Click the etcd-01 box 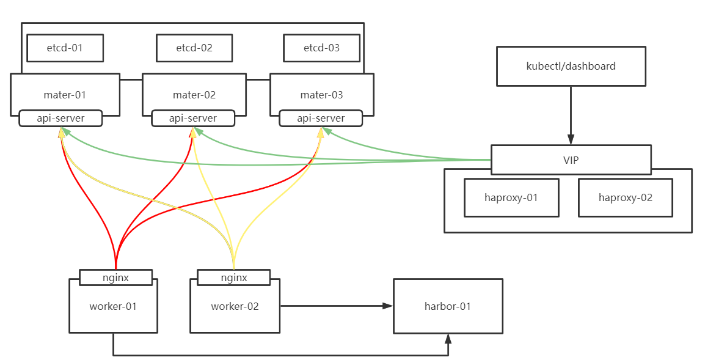pyautogui.click(x=65, y=48)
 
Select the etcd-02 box pyautogui.click(x=194, y=48)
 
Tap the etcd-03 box pyautogui.click(x=321, y=48)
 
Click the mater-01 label pyautogui.click(x=65, y=95)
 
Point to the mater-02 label pyautogui.click(x=194, y=95)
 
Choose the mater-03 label pyautogui.click(x=321, y=95)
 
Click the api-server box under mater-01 pyautogui.click(x=60, y=118)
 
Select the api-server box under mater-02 pyautogui.click(x=193, y=118)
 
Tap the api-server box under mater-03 pyautogui.click(x=321, y=118)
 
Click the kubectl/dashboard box pyautogui.click(x=571, y=66)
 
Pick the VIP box pyautogui.click(x=571, y=160)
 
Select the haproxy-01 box pyautogui.click(x=511, y=197)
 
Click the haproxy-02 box pyautogui.click(x=625, y=197)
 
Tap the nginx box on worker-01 pyautogui.click(x=115, y=277)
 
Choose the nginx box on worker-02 pyautogui.click(x=233, y=277)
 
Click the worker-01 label pyautogui.click(x=113, y=306)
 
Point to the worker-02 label pyautogui.click(x=235, y=306)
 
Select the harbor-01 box pyautogui.click(x=448, y=306)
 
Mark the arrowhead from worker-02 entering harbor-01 pyautogui.click(x=387, y=306)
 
